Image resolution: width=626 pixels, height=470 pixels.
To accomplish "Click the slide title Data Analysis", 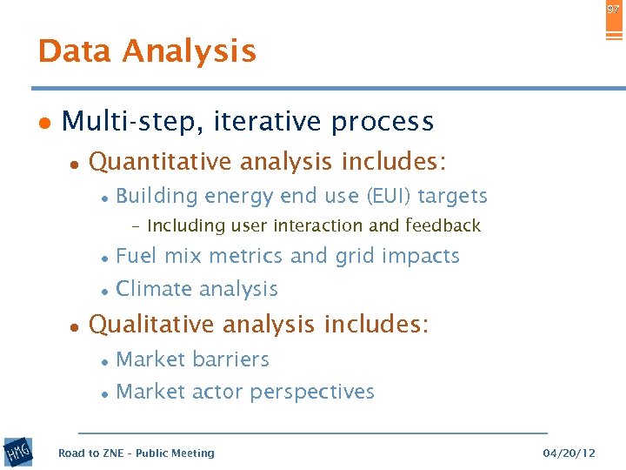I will pyautogui.click(x=147, y=51).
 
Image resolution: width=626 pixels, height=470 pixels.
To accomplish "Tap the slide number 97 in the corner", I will pyautogui.click(x=614, y=9).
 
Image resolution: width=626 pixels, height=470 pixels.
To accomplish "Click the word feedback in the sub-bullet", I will pyautogui.click(x=443, y=226).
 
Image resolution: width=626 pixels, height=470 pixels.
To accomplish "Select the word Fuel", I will pyautogui.click(x=136, y=256).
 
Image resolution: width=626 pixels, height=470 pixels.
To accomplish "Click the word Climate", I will pyautogui.click(x=151, y=289).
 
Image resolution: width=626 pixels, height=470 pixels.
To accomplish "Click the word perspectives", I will pyautogui.click(x=312, y=393).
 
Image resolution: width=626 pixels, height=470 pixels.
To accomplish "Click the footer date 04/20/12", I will pyautogui.click(x=569, y=453).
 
